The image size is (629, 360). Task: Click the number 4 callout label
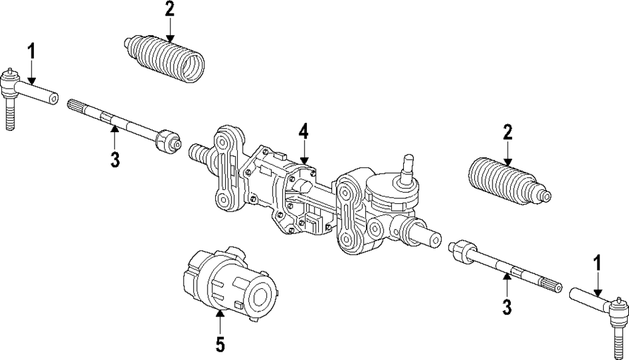[x=304, y=133]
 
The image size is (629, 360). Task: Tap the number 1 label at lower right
[x=598, y=263]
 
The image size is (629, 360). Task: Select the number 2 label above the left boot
[x=169, y=10]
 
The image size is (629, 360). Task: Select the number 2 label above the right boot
[x=508, y=133]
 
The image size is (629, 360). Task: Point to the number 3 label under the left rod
[x=114, y=160]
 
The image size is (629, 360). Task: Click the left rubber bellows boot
[x=165, y=58]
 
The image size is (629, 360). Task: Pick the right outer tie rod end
[x=598, y=302]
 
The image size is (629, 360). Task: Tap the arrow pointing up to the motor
[x=220, y=321]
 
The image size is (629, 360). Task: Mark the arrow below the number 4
[x=304, y=154]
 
